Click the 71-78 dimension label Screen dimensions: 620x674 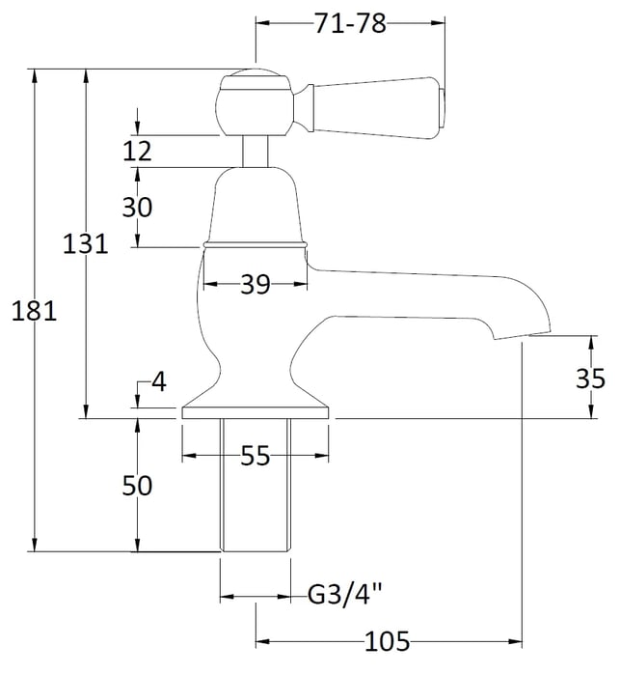350,23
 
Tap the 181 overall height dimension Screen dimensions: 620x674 34,310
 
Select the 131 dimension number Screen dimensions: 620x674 85,243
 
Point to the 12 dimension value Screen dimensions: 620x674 137,152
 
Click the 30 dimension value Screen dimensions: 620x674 137,207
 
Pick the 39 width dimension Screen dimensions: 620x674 256,284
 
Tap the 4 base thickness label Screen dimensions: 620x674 159,381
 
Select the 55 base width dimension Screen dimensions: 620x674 256,455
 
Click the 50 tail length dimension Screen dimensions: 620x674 137,486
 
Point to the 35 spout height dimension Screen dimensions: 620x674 590,379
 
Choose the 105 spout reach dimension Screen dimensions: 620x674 388,642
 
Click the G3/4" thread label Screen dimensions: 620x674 345,595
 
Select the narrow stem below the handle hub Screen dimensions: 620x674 256,152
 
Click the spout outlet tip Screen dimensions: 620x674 522,334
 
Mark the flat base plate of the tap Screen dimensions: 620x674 256,412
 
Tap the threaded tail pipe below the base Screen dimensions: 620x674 256,485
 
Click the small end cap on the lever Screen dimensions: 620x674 442,108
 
